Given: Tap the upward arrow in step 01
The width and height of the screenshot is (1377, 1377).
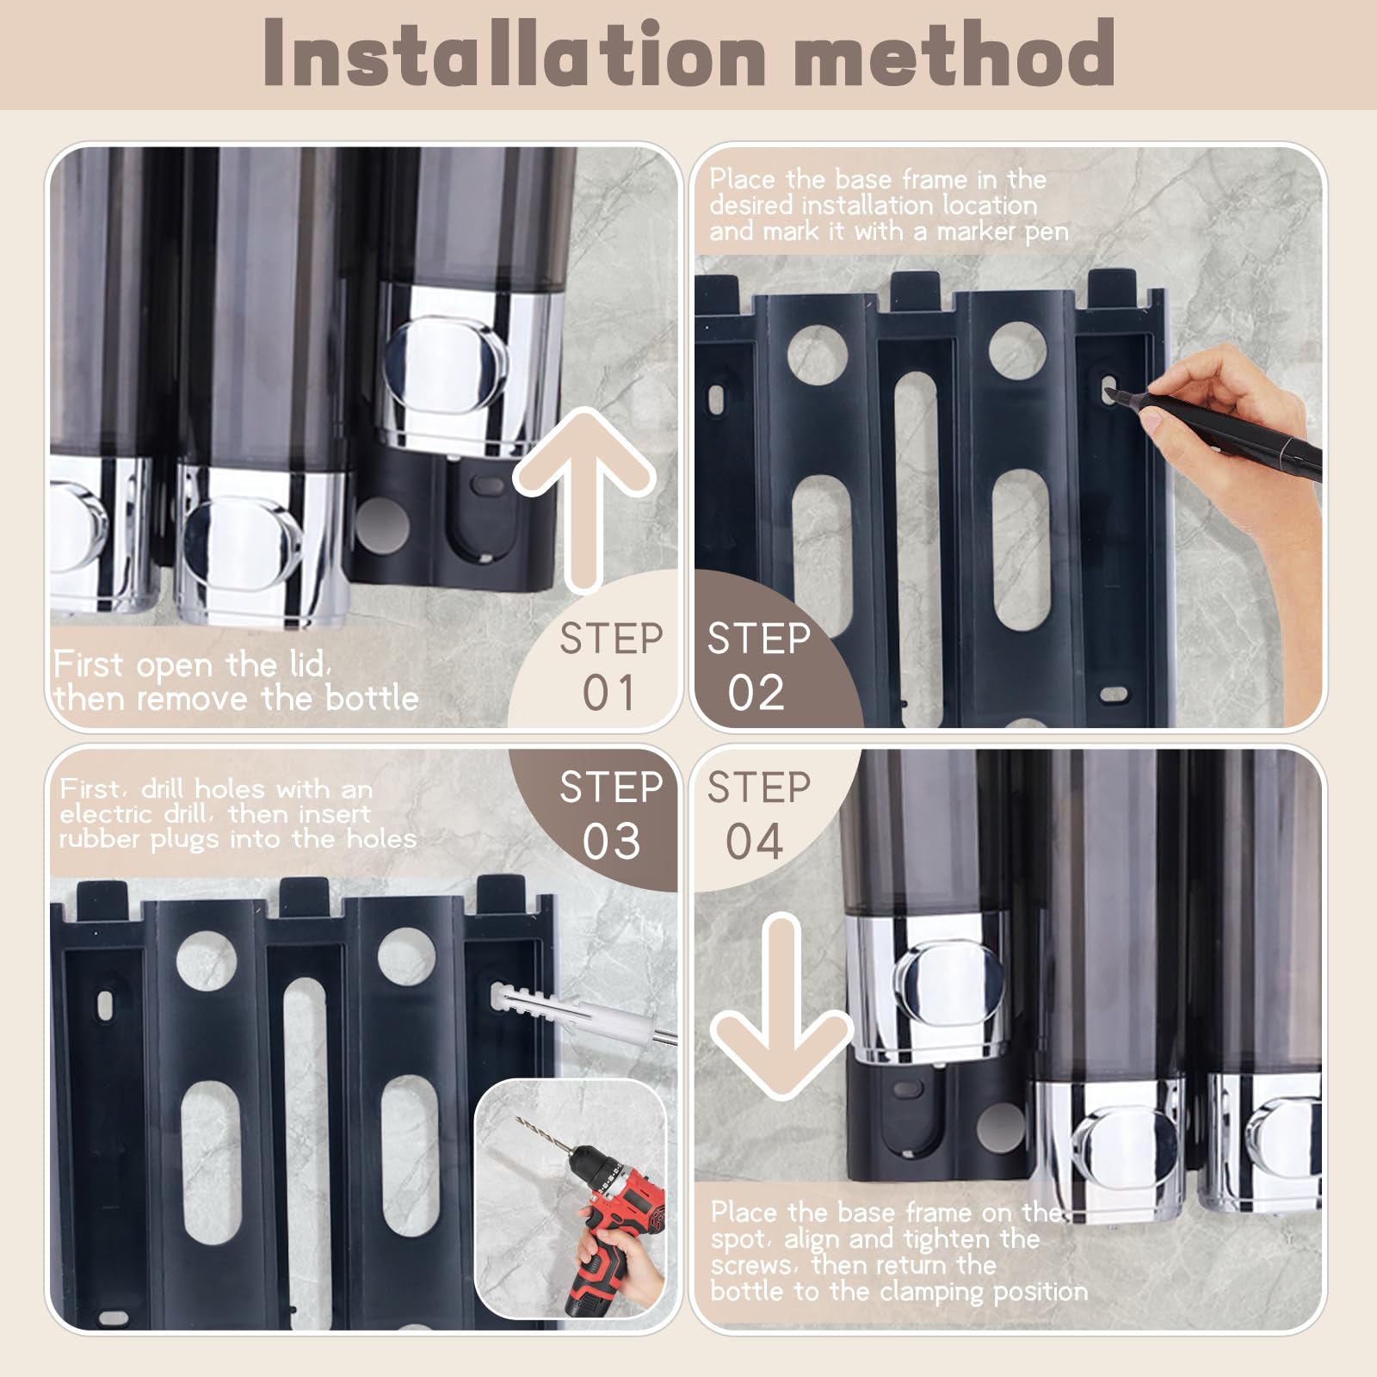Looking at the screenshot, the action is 585,499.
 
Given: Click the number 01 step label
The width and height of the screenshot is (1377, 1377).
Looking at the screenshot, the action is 609,693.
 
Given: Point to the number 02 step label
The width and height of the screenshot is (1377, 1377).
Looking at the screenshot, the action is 756,693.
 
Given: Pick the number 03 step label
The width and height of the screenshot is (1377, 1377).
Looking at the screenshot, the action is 611,841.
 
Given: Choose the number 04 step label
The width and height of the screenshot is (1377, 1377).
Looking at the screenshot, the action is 754,841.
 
